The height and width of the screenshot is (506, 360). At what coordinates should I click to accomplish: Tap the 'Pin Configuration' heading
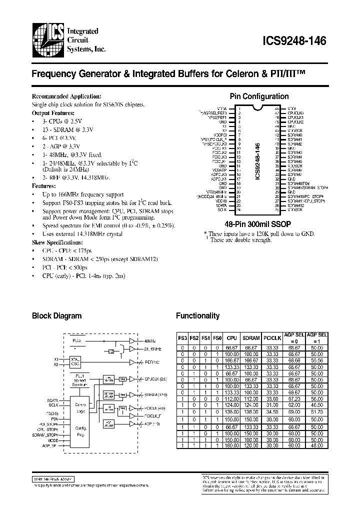coord(258,96)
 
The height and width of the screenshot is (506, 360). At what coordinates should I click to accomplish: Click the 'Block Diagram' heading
coord(56,316)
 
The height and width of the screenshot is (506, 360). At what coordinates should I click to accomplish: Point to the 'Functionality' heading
coord(197,316)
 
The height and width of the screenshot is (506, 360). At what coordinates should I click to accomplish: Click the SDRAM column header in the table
coord(247,337)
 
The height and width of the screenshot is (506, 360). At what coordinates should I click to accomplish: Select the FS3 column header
coord(183,337)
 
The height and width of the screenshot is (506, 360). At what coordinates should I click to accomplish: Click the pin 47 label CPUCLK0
coord(295,113)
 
